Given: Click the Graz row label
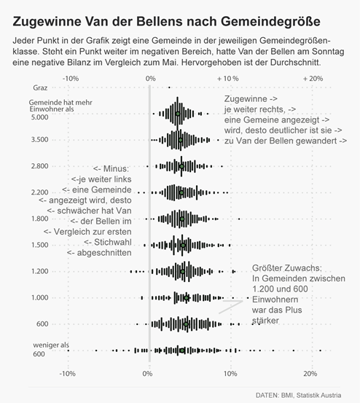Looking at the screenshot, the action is (40, 88).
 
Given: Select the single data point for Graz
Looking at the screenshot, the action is (169, 87).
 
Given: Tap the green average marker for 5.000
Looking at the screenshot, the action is (178, 114).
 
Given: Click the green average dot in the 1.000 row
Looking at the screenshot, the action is (187, 297).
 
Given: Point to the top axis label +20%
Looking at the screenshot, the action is (313, 79).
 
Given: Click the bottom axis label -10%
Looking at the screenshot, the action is (67, 373).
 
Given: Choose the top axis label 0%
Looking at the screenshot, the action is (150, 79).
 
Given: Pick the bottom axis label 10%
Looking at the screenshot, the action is (230, 373).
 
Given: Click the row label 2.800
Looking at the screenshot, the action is (39, 166).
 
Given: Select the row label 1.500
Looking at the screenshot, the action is (39, 245).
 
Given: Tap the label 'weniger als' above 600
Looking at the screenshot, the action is (51, 345).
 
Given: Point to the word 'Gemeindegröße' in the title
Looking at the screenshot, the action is (270, 22).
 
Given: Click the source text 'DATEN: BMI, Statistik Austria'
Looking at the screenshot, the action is (298, 395).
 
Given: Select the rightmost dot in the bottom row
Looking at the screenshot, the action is (320, 351).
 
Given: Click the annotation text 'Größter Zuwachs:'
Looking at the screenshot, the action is (287, 268).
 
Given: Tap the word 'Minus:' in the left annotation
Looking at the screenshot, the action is (116, 169).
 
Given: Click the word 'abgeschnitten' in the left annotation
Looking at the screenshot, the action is (104, 253).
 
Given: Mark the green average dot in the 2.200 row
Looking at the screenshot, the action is (181, 193).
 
